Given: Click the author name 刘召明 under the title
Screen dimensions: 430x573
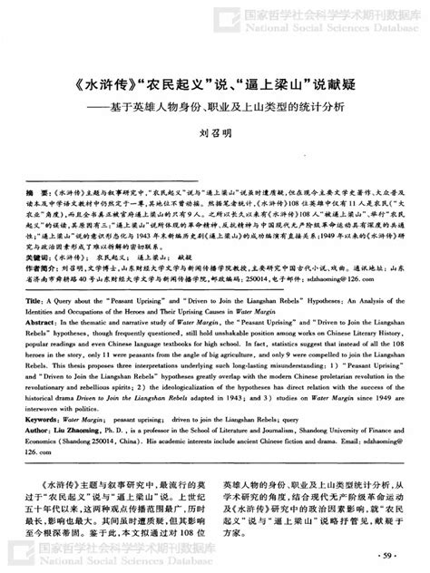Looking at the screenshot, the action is (215, 133).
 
